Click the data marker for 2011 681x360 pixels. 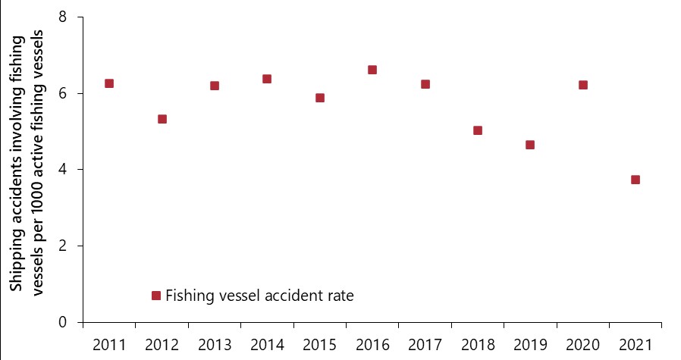coord(109,83)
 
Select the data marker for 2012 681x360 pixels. coord(162,119)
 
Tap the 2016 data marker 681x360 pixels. coord(372,70)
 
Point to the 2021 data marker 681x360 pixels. coord(635,180)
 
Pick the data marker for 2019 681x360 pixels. coord(530,145)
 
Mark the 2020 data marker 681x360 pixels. coord(583,85)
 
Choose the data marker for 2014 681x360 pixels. coord(267,79)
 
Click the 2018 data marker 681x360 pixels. coord(478,130)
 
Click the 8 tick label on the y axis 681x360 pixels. coord(64,17)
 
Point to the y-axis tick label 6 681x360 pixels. coord(64,93)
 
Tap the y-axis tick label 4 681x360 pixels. coord(64,169)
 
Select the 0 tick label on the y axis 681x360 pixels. coord(64,322)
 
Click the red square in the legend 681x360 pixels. coord(156,296)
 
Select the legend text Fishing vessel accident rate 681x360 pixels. coord(259,296)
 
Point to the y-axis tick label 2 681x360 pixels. coord(64,246)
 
